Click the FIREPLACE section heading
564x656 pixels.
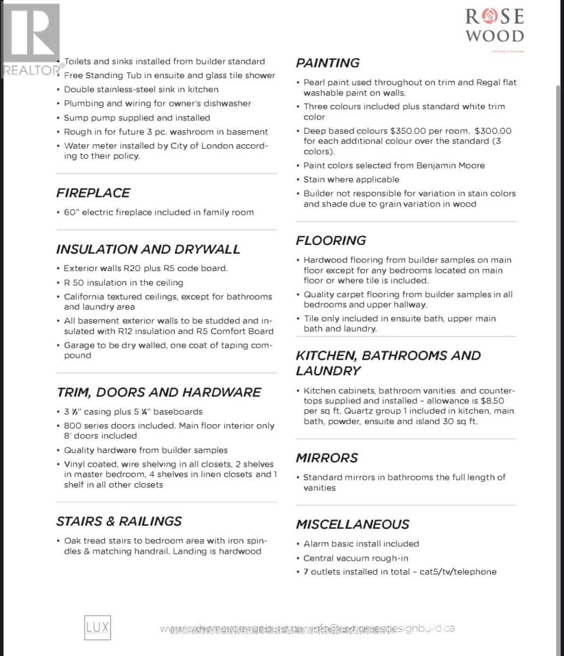[93, 193]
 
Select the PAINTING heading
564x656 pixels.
[328, 63]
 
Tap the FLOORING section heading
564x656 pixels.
[331, 241]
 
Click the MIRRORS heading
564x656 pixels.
[327, 458]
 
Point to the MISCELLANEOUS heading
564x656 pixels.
[352, 524]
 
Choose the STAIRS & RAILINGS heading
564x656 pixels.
[119, 521]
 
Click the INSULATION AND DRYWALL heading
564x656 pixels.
[148, 249]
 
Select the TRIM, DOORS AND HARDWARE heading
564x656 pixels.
[159, 393]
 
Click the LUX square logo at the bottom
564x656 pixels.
[97, 628]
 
